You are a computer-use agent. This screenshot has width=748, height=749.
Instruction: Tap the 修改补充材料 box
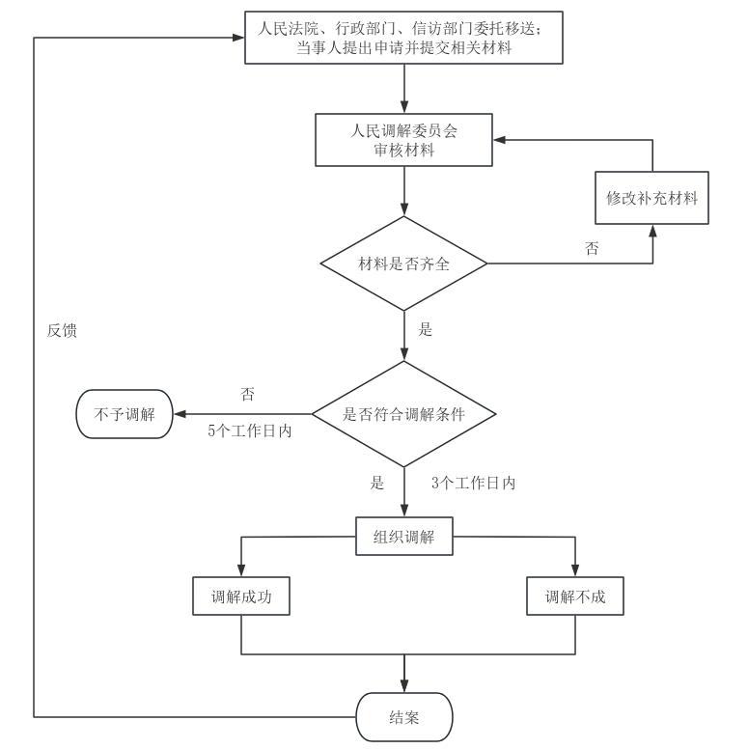[651, 198]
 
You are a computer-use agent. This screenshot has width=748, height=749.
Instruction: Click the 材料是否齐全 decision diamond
[403, 264]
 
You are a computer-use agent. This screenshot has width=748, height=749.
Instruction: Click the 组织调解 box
[403, 537]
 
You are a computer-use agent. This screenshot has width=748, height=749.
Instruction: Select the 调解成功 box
[241, 596]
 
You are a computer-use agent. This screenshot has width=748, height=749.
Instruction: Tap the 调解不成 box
[575, 596]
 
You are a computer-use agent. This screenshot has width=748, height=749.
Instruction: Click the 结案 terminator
[403, 717]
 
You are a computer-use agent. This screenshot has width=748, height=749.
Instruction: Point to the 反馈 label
[62, 330]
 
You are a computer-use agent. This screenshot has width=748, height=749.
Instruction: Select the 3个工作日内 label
[475, 483]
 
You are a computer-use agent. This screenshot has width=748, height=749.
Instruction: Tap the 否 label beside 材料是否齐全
[592, 248]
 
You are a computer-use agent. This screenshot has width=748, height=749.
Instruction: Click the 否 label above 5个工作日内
[247, 394]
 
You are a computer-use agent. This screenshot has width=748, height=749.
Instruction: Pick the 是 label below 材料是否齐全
[425, 329]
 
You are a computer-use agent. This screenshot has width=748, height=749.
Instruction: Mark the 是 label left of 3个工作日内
[377, 483]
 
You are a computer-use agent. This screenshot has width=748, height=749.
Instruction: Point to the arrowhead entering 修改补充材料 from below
[651, 230]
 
